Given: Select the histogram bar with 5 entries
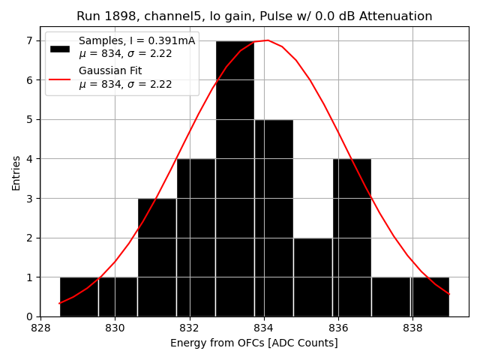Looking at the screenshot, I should pyautogui.click(x=274, y=217).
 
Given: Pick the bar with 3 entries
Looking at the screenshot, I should pyautogui.click(x=157, y=257).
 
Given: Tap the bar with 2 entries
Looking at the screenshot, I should pyautogui.click(x=313, y=277).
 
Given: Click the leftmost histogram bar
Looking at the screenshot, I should pyautogui.click(x=79, y=297).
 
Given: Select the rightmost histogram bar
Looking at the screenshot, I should pyautogui.click(x=430, y=297).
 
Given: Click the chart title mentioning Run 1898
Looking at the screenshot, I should pyautogui.click(x=254, y=16).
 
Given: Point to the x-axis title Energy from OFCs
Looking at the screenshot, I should pyautogui.click(x=253, y=343).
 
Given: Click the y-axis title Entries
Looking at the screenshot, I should pyautogui.click(x=16, y=173).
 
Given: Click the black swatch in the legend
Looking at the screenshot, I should pyautogui.click(x=60, y=48).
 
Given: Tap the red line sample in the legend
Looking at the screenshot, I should pyautogui.click(x=60, y=78).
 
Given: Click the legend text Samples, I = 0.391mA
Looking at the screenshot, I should pyautogui.click(x=136, y=41).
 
